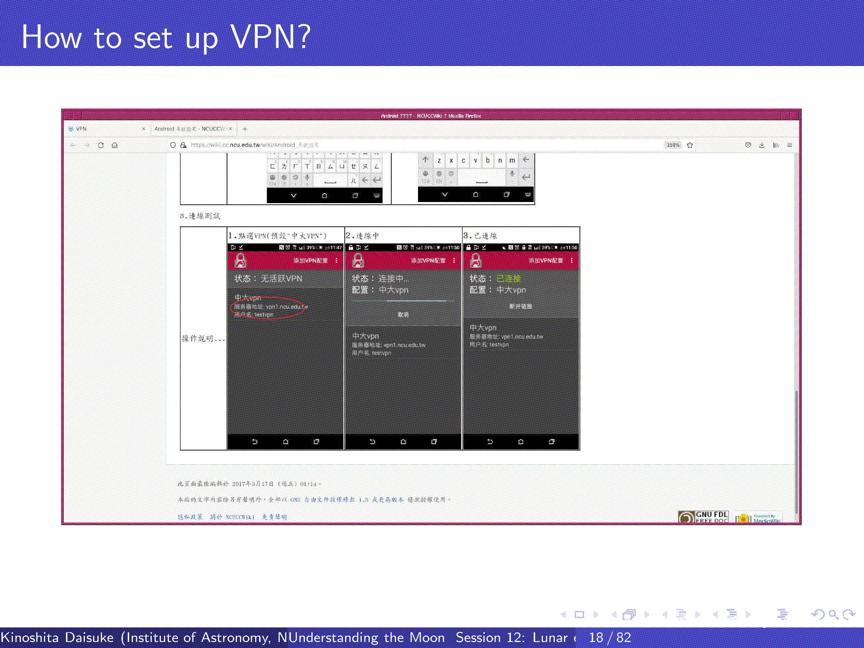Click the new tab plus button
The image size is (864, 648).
(245, 129)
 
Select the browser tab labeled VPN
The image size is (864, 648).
(81, 129)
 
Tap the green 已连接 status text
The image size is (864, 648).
(508, 279)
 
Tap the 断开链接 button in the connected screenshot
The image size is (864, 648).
(520, 306)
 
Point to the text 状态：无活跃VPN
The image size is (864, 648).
(268, 279)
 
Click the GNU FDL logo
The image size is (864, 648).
(703, 517)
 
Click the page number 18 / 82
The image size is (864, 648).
(610, 638)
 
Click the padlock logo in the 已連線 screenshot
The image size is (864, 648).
(475, 261)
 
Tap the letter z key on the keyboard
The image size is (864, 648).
(439, 161)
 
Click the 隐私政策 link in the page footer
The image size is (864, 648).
(190, 517)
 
